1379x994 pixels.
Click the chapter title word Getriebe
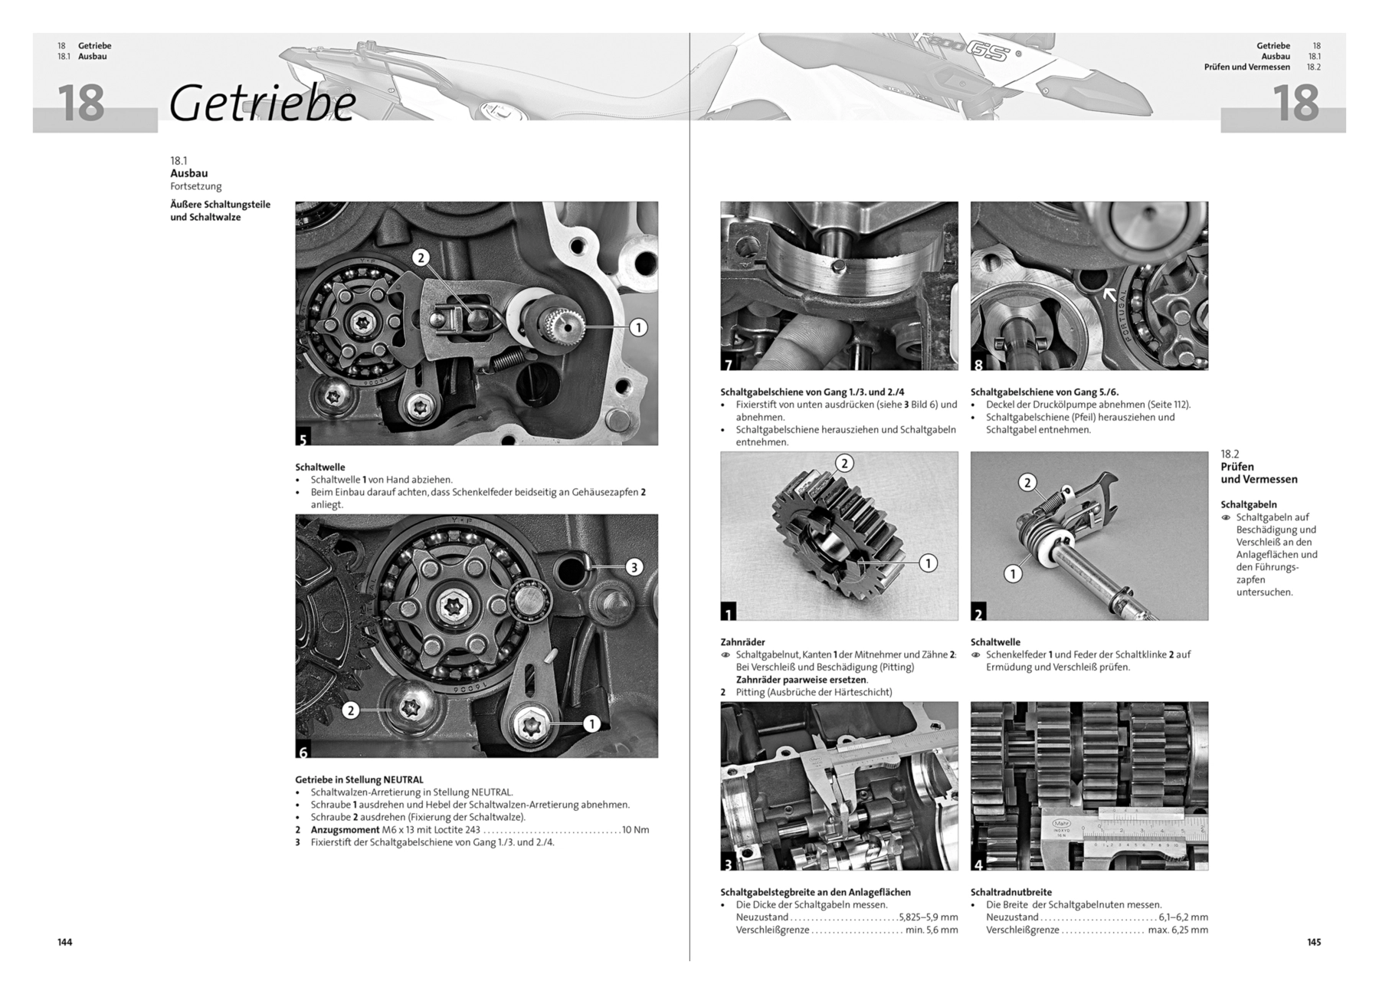pyautogui.click(x=263, y=103)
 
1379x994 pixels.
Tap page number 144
pyautogui.click(x=65, y=942)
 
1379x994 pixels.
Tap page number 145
pyautogui.click(x=1314, y=942)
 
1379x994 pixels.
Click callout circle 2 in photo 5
pyautogui.click(x=420, y=258)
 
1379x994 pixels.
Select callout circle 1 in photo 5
pyautogui.click(x=637, y=327)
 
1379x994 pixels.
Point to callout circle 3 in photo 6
pyautogui.click(x=634, y=567)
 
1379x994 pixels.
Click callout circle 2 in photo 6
pyautogui.click(x=350, y=710)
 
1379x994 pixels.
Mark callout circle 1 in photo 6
pyautogui.click(x=591, y=723)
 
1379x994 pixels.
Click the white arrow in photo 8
pyautogui.click(x=1109, y=294)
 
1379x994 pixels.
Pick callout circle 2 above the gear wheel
pyautogui.click(x=843, y=463)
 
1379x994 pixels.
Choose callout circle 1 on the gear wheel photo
pyautogui.click(x=928, y=563)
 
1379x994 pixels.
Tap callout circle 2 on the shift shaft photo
pyautogui.click(x=1027, y=482)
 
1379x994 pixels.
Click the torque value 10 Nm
pyautogui.click(x=636, y=830)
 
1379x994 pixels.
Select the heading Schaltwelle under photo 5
pyautogui.click(x=320, y=467)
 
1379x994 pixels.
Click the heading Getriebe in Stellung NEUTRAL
pyautogui.click(x=359, y=779)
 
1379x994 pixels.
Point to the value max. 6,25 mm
pyautogui.click(x=1178, y=930)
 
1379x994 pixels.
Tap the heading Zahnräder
pyautogui.click(x=742, y=642)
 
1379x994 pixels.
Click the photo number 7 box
pyautogui.click(x=728, y=363)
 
